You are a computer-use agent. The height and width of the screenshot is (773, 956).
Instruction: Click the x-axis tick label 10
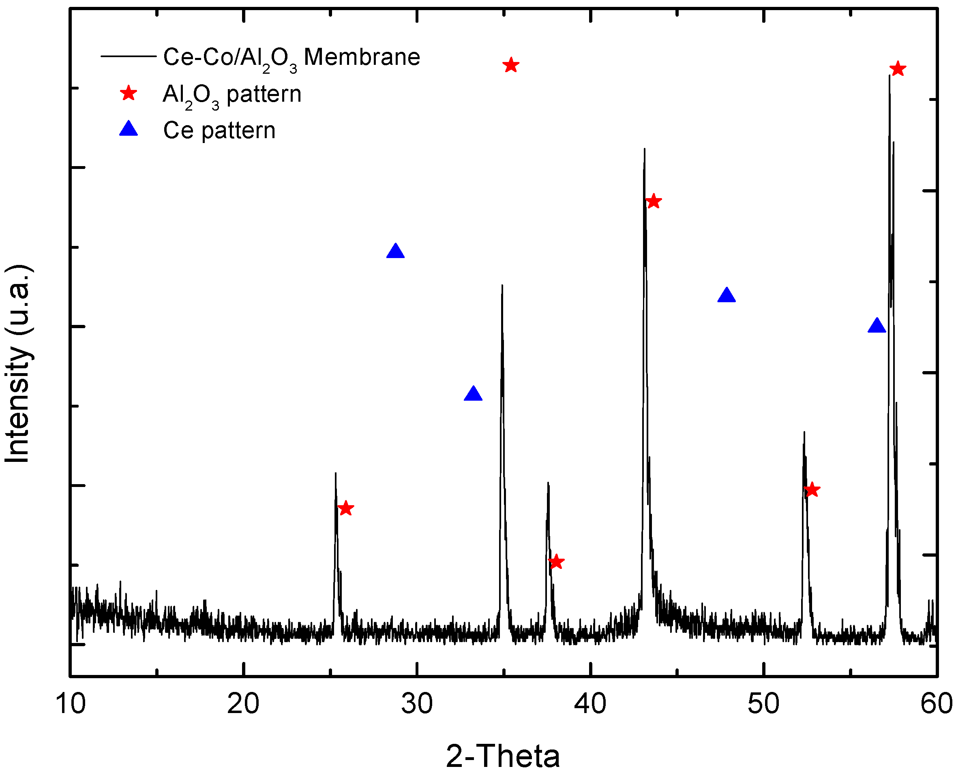(x=71, y=704)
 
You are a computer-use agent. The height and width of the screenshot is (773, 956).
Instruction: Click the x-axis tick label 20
(x=243, y=704)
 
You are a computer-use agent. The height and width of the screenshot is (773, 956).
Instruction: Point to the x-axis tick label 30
(x=416, y=704)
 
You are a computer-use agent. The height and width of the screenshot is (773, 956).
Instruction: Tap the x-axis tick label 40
(x=590, y=704)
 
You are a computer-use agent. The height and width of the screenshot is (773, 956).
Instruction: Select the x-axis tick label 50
(x=763, y=704)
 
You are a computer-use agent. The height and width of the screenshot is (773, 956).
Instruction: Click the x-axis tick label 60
(x=937, y=704)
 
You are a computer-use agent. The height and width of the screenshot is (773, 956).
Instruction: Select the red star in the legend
(x=129, y=94)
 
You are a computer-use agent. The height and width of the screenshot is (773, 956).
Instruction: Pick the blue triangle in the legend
(x=129, y=130)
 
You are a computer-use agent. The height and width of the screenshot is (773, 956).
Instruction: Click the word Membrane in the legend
(x=362, y=57)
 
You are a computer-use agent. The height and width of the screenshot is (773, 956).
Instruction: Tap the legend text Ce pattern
(x=219, y=130)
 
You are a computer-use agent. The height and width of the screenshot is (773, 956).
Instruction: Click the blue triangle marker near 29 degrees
(x=396, y=252)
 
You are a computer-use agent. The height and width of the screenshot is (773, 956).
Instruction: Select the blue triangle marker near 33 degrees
(x=473, y=394)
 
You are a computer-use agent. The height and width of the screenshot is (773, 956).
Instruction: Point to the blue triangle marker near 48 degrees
(x=727, y=296)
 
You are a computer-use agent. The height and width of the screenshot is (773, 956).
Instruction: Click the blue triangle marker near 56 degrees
(x=877, y=326)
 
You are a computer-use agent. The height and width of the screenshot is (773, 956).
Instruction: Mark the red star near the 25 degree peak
(x=346, y=508)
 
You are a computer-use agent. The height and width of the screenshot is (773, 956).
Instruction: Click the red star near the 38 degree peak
(x=556, y=562)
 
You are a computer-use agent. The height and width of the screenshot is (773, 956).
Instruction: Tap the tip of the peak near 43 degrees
(x=645, y=149)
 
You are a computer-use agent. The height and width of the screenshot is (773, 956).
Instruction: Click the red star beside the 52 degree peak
(x=812, y=490)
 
